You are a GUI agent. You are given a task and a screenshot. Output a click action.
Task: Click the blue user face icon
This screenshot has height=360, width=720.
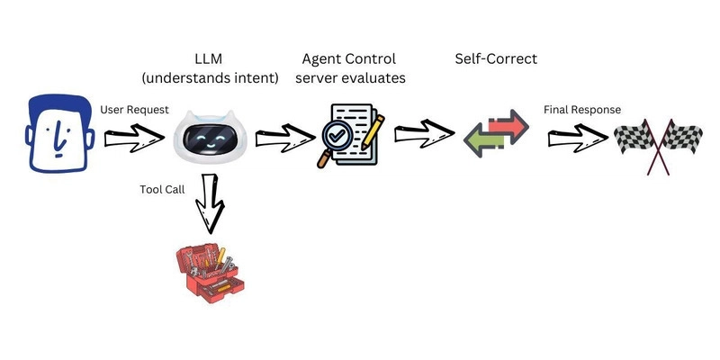58,135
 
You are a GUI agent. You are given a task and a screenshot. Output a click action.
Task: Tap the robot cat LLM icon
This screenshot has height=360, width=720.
208,135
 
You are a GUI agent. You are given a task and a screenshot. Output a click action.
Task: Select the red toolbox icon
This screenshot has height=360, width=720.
209,269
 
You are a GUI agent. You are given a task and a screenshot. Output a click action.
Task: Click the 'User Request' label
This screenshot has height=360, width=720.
135,110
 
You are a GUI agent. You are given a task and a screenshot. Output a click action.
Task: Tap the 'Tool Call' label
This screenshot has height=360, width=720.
163,190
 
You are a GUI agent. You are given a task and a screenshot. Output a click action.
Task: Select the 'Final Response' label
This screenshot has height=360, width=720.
581,110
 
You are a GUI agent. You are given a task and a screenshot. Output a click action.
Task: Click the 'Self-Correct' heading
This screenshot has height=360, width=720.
495,58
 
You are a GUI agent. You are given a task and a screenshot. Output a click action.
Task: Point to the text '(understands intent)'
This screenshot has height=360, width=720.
208,78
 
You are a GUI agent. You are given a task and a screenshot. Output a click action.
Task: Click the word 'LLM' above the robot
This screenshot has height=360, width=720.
208,58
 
